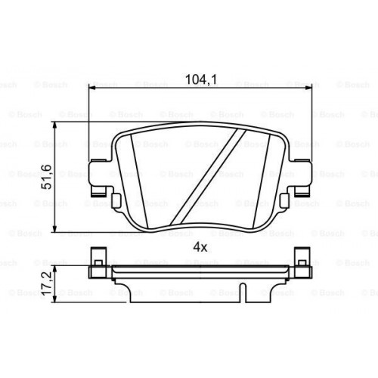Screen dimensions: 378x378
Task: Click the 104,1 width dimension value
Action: click(200, 77)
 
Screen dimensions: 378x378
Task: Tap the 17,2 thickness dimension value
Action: click(46, 283)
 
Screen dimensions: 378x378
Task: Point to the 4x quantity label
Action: click(200, 246)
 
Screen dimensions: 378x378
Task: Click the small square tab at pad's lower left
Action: click(116, 200)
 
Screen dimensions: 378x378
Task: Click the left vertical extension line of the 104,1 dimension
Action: click(90, 121)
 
